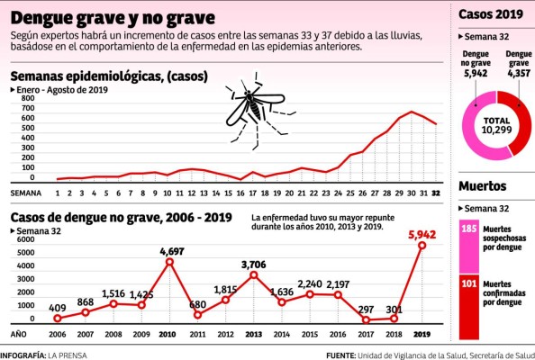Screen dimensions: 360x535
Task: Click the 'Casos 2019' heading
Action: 491,14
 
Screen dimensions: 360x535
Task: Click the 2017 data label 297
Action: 365,309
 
